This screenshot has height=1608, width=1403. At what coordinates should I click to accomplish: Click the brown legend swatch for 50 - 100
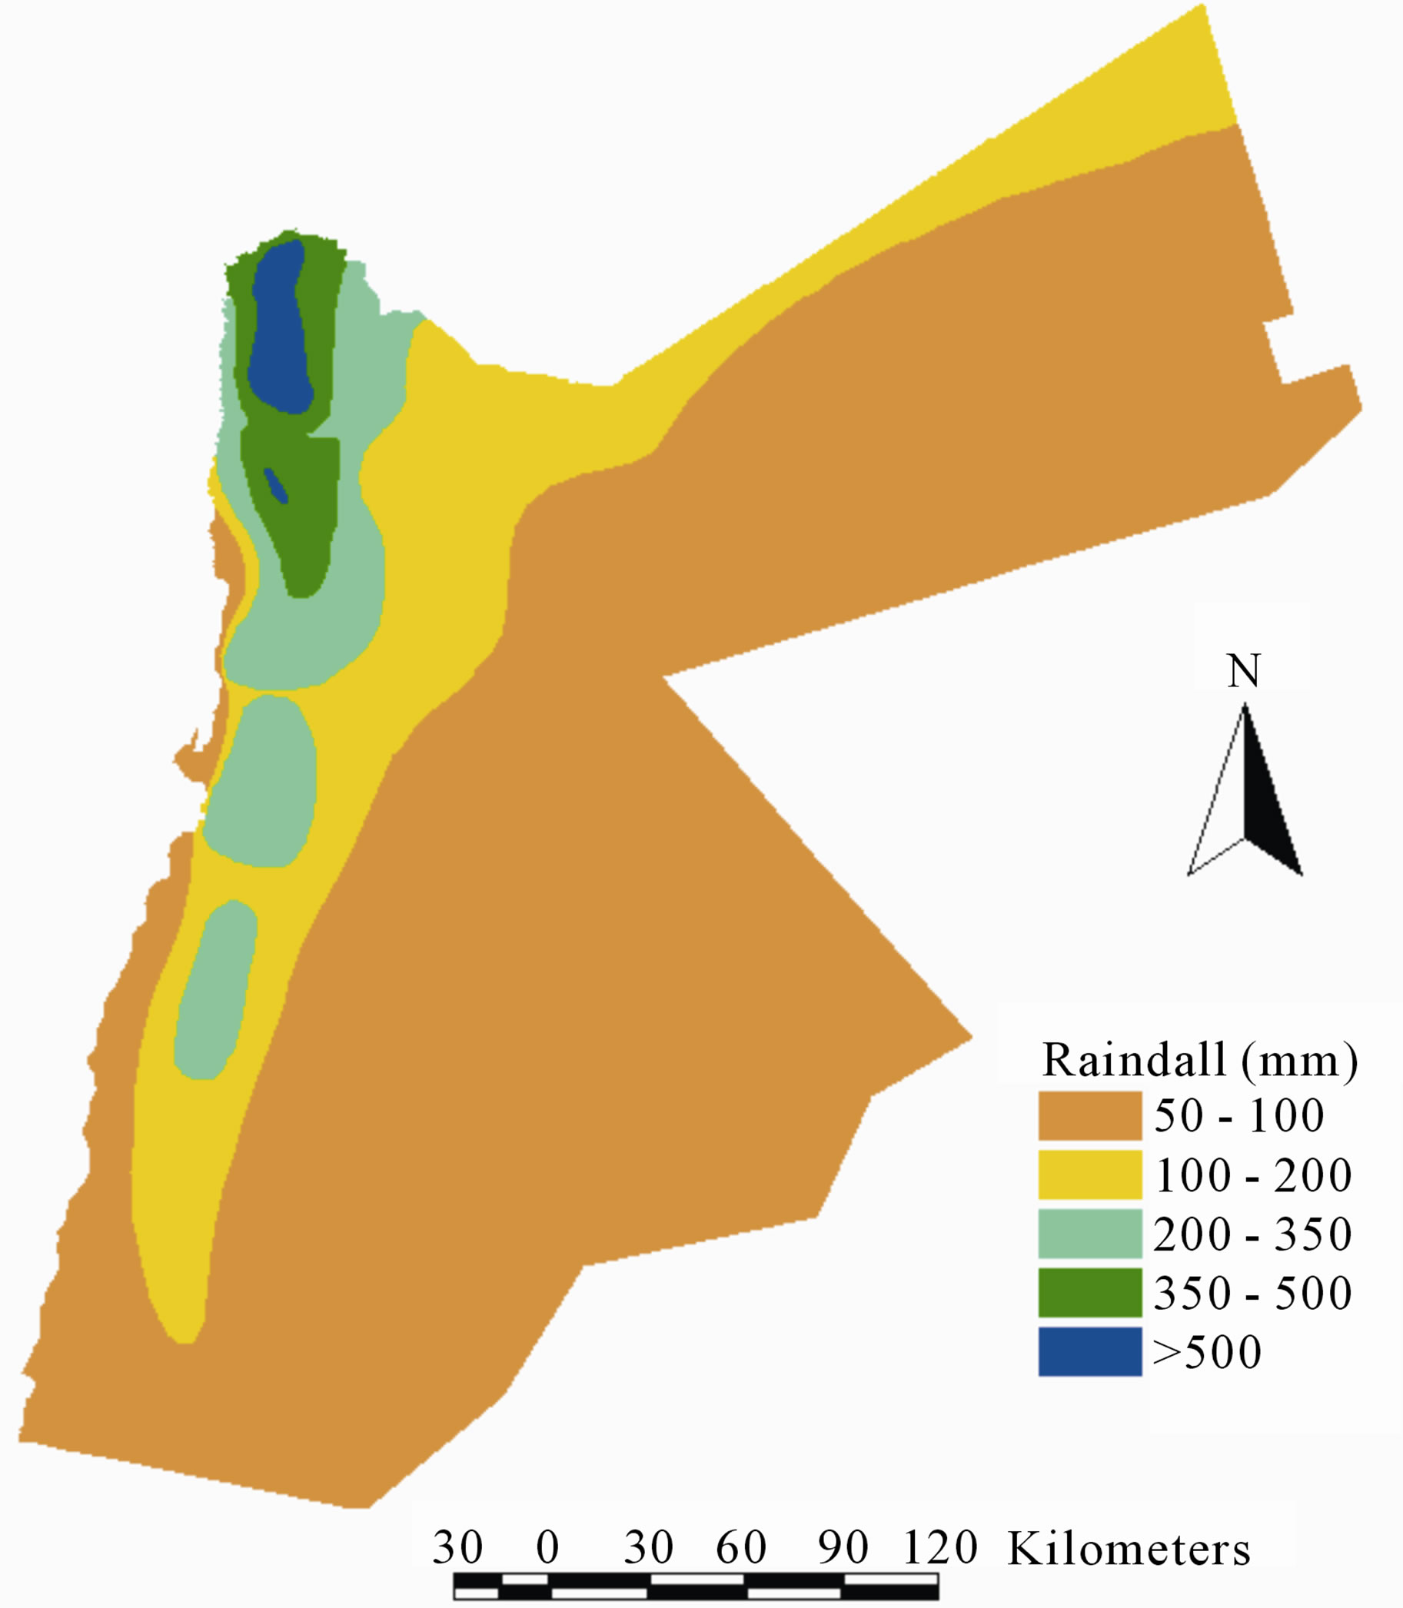(x=1090, y=1115)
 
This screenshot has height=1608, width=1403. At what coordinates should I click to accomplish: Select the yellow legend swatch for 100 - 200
(x=1090, y=1174)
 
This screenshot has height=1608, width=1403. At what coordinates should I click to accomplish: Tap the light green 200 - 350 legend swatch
(x=1090, y=1233)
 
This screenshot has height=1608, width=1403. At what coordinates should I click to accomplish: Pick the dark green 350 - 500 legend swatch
(x=1090, y=1292)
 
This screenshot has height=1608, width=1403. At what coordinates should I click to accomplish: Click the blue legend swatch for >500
(x=1090, y=1351)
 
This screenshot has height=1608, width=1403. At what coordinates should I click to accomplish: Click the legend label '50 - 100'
(x=1238, y=1115)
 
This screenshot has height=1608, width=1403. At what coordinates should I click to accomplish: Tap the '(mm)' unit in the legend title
(x=1300, y=1061)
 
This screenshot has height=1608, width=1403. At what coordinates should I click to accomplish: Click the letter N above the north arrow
(x=1243, y=671)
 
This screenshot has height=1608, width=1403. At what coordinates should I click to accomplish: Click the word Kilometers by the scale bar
(x=1129, y=1549)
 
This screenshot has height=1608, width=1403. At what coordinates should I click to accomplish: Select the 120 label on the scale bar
(x=940, y=1547)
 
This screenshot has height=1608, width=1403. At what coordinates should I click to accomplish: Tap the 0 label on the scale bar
(x=547, y=1547)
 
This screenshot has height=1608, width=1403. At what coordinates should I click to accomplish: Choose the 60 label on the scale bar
(x=740, y=1547)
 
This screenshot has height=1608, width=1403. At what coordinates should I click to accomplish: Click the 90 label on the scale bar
(x=843, y=1547)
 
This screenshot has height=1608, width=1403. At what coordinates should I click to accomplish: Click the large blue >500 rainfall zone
(x=280, y=329)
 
